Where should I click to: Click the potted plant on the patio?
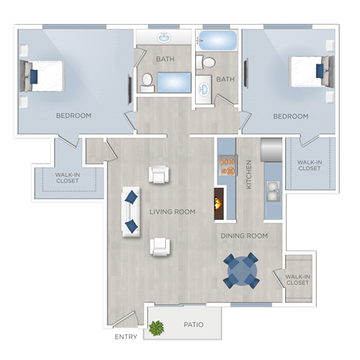pyautogui.click(x=157, y=327)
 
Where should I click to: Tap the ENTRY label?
pyautogui.click(x=125, y=337)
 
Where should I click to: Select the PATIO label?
pyautogui.click(x=194, y=325)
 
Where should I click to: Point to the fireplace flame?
pyautogui.click(x=219, y=202)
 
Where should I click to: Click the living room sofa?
pyautogui.click(x=131, y=211)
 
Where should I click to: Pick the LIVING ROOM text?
pyautogui.click(x=172, y=211)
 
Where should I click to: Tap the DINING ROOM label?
pyautogui.click(x=244, y=235)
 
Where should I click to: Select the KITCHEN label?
pyautogui.click(x=249, y=174)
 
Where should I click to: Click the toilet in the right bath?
pyautogui.click(x=208, y=62)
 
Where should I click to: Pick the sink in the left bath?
pyautogui.click(x=163, y=37)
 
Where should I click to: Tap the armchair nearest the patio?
pyautogui.click(x=160, y=245)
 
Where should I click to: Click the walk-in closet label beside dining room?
pyautogui.click(x=298, y=279)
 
